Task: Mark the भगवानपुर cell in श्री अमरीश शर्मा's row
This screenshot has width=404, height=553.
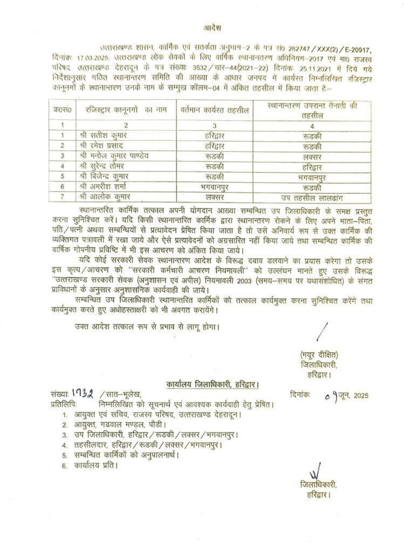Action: (214, 186)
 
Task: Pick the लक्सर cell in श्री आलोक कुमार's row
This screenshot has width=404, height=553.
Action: (214, 197)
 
